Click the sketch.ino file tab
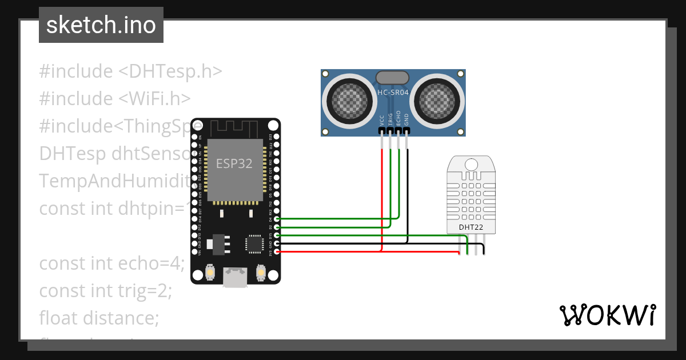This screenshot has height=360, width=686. (101, 25)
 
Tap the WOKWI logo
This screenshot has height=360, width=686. (607, 315)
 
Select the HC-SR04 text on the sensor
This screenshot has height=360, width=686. (392, 92)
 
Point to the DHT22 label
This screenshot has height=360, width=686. (471, 227)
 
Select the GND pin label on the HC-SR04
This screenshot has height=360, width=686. (406, 119)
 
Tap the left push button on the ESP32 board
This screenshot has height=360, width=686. (210, 273)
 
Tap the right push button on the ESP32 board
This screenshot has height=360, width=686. (261, 273)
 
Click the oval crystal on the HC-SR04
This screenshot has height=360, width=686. (392, 77)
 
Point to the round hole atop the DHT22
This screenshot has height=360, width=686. (471, 165)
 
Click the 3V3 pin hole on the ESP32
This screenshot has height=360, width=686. (277, 251)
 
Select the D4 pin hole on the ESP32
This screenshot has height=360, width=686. (277, 219)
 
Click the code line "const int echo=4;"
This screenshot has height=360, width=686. (111, 263)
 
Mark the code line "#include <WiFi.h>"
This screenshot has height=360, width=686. (115, 98)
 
